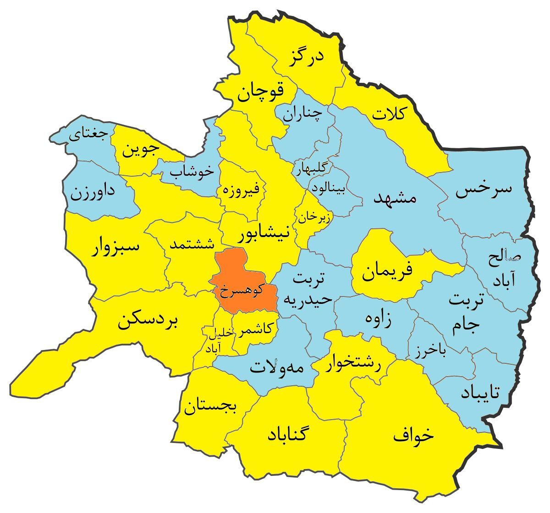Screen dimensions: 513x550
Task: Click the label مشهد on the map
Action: tap(395, 197)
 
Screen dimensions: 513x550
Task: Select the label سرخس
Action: tap(483, 190)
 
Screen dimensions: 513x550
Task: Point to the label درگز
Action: tap(306, 57)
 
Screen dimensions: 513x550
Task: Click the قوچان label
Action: tap(260, 92)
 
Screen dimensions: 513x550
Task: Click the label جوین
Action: tap(141, 149)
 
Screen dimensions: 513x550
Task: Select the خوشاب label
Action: tap(192, 171)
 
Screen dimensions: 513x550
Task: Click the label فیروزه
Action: tap(241, 188)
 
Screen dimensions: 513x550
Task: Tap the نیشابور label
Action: tap(264, 234)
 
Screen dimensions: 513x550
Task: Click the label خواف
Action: tap(413, 435)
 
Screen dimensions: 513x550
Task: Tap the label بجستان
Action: tap(210, 405)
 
